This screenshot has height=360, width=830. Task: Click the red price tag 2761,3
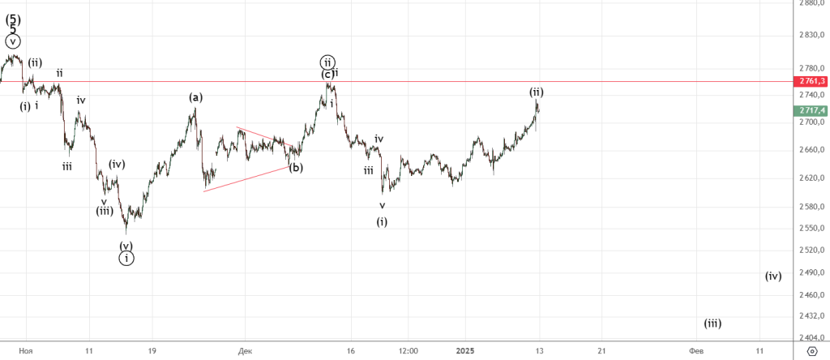[811, 81]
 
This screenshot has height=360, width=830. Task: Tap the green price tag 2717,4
[811, 109]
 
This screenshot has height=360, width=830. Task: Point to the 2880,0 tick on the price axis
[811, 3]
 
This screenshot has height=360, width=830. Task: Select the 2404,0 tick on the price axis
[811, 337]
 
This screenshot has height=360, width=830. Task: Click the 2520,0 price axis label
[811, 250]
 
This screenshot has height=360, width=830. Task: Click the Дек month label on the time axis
[246, 350]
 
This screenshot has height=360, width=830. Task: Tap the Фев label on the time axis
[695, 350]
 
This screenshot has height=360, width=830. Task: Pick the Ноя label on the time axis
[26, 350]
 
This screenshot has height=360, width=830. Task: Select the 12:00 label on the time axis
[408, 350]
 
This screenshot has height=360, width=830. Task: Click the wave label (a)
[195, 97]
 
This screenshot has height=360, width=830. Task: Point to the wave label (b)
[296, 168]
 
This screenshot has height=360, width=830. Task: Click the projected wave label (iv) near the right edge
[773, 276]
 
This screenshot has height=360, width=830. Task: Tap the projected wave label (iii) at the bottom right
[712, 323]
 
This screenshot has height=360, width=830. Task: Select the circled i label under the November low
[126, 258]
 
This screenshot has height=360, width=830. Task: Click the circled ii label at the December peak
[327, 62]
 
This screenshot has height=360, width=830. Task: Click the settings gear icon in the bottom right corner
[812, 350]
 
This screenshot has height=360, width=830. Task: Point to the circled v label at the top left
[13, 41]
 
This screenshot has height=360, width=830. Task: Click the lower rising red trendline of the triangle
[247, 178]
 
